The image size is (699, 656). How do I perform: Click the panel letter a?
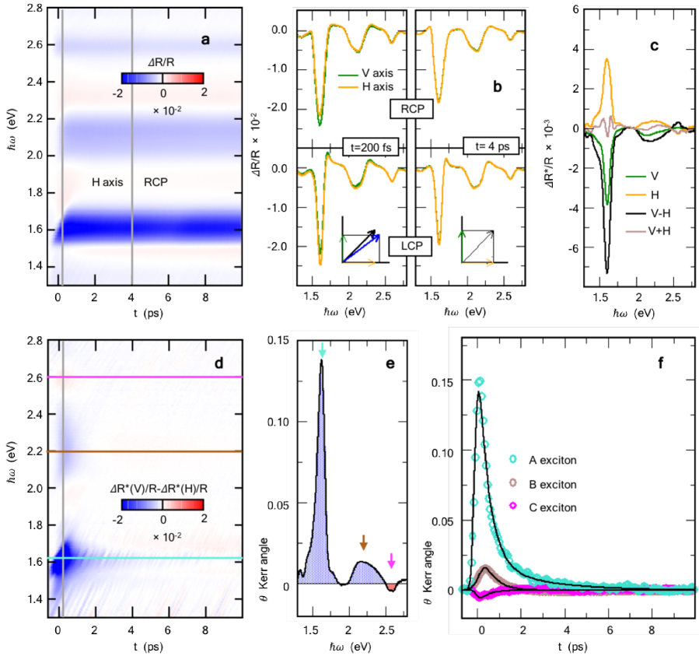[x=205, y=42]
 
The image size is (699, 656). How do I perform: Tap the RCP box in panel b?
[x=412, y=109]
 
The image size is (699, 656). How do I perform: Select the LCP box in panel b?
[x=407, y=247]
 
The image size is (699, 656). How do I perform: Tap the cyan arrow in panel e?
[x=323, y=352]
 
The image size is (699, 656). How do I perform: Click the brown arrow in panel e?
[x=362, y=542]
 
